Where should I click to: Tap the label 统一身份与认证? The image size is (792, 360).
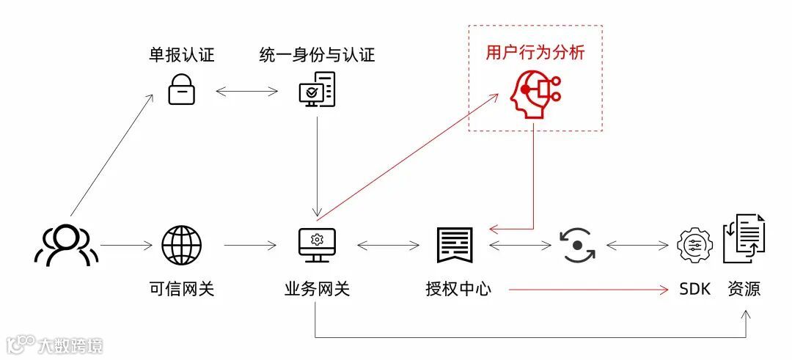click(317, 55)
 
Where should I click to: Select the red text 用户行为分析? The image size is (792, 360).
click(535, 53)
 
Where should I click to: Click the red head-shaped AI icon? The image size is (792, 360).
click(533, 93)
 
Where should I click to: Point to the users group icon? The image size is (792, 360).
click(66, 245)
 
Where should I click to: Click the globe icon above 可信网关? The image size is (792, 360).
click(181, 245)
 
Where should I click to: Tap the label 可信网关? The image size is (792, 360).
click(181, 289)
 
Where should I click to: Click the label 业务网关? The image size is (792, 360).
click(317, 289)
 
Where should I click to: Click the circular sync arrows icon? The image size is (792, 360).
click(577, 245)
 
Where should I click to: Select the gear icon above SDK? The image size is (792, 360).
click(694, 245)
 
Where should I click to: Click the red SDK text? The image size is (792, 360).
click(694, 289)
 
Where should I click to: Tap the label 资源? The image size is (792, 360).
click(744, 289)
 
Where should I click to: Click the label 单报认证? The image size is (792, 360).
click(182, 55)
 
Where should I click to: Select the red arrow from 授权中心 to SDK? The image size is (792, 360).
click(587, 290)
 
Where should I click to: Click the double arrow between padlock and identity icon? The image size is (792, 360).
click(248, 92)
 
